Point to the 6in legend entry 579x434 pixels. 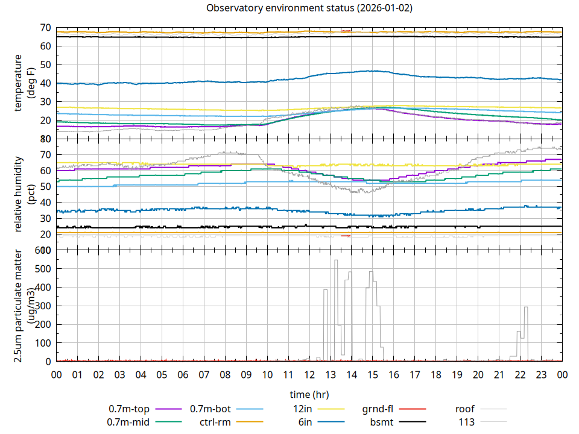click(x=305, y=422)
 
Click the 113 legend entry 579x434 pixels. click(x=466, y=422)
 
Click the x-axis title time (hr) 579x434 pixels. click(x=309, y=395)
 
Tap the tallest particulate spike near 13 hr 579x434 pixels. click(x=336, y=261)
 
